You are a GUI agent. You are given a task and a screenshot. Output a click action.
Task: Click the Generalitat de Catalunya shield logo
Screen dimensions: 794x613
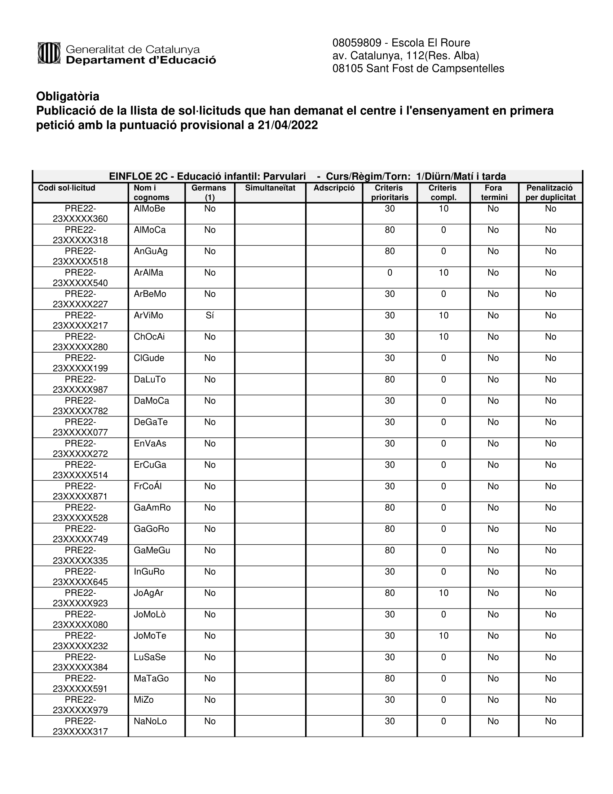(x=49, y=53)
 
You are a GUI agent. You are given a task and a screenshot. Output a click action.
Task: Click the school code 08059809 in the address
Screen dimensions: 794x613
(x=357, y=43)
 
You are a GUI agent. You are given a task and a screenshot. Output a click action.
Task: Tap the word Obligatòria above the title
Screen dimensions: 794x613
(x=67, y=96)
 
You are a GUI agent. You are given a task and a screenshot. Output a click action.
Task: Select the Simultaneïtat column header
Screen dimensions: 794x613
(x=270, y=188)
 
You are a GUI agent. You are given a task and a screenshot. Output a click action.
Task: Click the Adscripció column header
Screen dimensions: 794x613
(x=334, y=188)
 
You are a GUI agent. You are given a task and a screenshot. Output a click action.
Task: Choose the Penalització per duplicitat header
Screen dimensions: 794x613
(x=550, y=193)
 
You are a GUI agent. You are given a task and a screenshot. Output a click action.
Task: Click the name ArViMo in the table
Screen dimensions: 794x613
(x=149, y=315)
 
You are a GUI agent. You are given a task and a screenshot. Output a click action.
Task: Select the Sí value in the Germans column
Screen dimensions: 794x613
(x=210, y=315)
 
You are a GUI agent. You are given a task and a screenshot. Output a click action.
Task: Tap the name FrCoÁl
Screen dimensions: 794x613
(x=147, y=486)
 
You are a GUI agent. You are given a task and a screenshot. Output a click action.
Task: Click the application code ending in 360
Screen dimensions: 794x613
(x=80, y=214)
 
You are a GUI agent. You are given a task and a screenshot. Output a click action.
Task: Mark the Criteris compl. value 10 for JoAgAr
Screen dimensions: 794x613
(x=444, y=593)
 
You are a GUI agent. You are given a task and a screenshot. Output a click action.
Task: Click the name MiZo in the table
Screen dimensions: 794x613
(x=144, y=700)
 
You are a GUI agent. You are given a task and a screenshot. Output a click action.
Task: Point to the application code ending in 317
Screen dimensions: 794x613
(x=80, y=727)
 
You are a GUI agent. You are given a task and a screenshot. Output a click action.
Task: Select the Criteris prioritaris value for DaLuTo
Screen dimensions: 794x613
(x=390, y=380)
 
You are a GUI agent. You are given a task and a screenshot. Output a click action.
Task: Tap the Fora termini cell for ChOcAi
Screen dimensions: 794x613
(x=493, y=337)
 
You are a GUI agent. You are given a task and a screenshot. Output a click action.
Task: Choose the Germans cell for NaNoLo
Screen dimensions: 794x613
(x=210, y=721)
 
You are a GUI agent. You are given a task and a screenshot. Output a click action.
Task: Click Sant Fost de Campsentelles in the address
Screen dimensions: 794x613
(x=435, y=68)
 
